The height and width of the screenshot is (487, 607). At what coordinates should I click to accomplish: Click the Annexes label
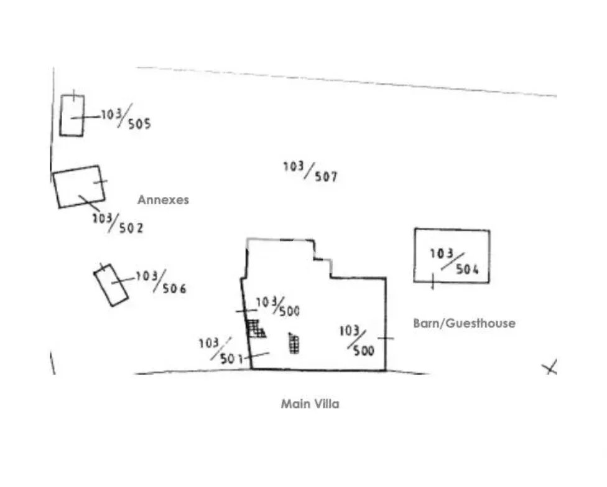(x=163, y=200)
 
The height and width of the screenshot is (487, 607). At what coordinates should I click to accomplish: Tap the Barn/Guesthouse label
(x=464, y=323)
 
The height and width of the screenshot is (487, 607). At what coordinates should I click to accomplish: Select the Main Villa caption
(x=310, y=404)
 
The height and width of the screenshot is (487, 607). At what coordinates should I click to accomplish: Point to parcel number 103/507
(x=310, y=171)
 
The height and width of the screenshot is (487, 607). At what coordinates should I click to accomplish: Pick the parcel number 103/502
(x=118, y=222)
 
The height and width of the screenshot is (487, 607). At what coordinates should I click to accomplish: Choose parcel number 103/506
(x=160, y=281)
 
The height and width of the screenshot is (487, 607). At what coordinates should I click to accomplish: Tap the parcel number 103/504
(x=458, y=262)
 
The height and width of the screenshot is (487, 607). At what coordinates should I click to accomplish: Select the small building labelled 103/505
(x=72, y=116)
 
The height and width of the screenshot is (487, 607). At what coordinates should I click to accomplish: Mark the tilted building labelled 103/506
(x=111, y=285)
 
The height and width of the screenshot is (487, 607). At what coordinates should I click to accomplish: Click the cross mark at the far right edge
(x=550, y=367)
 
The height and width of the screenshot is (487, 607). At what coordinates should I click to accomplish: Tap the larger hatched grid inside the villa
(x=254, y=328)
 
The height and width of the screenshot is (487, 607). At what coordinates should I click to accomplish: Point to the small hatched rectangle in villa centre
(x=294, y=344)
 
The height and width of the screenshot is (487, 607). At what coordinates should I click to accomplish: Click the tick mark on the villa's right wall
(x=386, y=338)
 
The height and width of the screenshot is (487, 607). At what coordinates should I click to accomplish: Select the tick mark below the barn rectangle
(x=432, y=281)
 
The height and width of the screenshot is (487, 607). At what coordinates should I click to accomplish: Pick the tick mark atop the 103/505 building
(x=74, y=97)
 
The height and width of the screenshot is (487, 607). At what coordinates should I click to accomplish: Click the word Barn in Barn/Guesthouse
(x=426, y=323)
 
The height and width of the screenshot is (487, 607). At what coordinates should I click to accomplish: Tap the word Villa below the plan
(x=327, y=404)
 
